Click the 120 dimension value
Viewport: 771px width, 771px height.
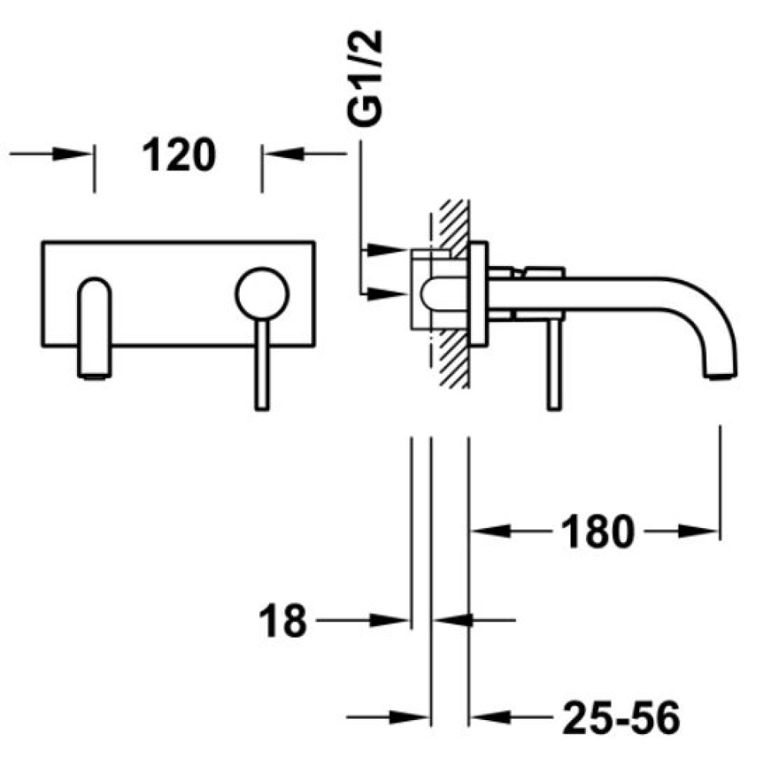179,154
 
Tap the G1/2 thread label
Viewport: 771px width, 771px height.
365,79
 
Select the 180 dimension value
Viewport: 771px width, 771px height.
598,531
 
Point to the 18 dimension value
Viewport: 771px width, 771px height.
282,621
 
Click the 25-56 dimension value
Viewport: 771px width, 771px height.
621,717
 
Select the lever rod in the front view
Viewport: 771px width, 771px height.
262,365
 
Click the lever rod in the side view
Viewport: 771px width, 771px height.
554,365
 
